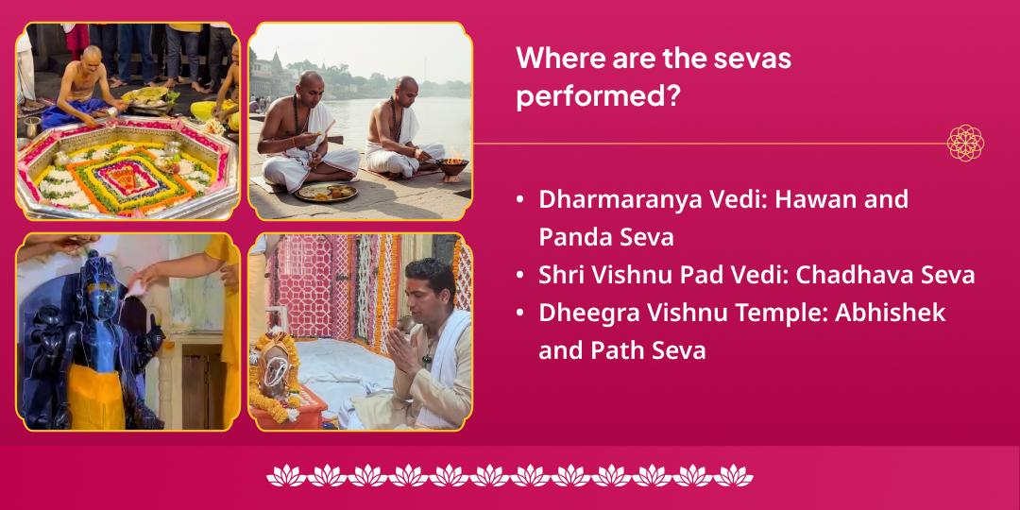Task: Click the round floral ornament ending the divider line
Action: (965, 143)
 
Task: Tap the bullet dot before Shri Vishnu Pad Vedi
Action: (521, 276)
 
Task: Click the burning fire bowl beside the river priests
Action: (452, 168)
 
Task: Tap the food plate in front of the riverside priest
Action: (327, 192)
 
